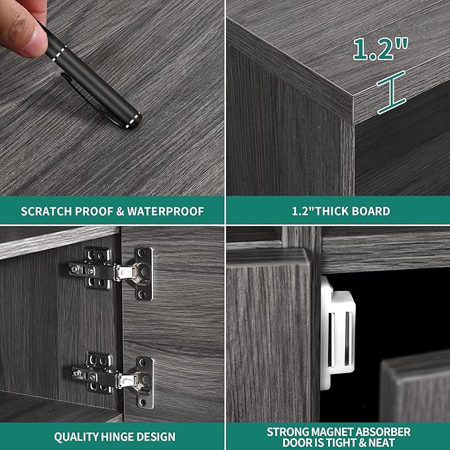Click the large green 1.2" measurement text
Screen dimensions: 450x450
tap(380, 49)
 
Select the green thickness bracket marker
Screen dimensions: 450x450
tap(392, 92)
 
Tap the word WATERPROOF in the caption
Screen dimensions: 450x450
tap(166, 211)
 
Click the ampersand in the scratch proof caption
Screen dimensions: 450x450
tap(120, 211)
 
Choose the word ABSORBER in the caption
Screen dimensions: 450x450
tap(379, 432)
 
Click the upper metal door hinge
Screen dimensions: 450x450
tap(111, 272)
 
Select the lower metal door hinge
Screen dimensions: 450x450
tap(113, 379)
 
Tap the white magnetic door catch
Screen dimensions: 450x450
tap(337, 333)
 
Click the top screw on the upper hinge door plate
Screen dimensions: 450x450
tap(141, 253)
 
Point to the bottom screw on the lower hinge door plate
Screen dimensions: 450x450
tap(143, 403)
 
